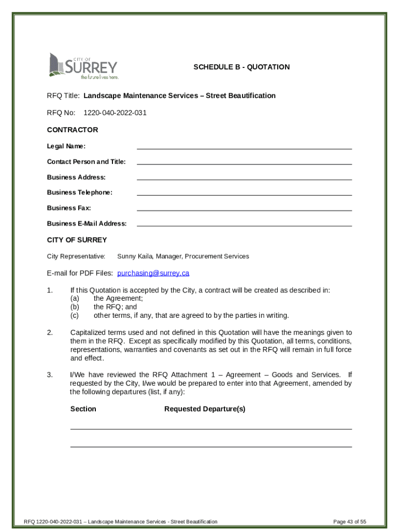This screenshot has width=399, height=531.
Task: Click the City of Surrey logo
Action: (83, 66)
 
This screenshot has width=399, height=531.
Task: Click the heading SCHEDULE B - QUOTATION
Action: (241, 67)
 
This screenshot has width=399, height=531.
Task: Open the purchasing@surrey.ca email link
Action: (153, 273)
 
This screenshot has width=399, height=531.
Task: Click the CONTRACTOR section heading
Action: (73, 130)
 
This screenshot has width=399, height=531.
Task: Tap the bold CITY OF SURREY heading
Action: (77, 240)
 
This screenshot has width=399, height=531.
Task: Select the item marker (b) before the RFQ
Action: (75, 306)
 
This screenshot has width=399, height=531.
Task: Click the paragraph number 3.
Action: (50, 374)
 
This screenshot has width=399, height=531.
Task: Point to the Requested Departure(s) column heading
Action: (205, 409)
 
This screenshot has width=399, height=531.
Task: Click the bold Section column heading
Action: (83, 409)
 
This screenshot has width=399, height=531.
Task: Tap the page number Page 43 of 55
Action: (350, 521)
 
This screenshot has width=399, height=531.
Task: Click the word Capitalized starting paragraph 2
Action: (88, 332)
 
